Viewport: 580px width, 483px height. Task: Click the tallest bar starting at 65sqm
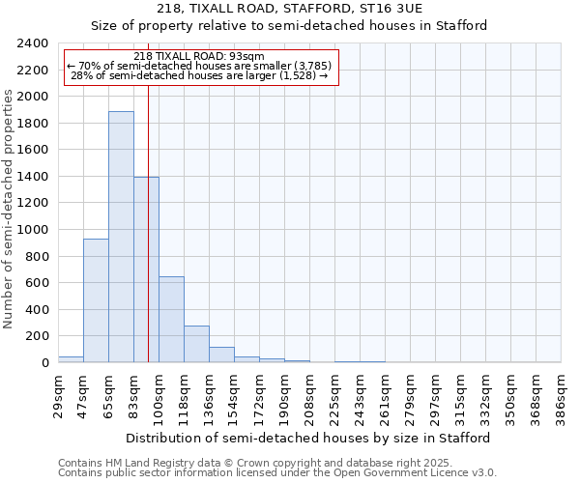point(121,237)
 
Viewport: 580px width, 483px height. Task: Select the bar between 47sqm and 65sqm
point(96,300)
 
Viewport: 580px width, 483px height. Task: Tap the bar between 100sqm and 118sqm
point(171,319)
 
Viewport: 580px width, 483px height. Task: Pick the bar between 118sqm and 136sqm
point(196,344)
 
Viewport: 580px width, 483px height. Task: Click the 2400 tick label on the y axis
point(33,43)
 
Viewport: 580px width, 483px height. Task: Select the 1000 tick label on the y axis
point(33,230)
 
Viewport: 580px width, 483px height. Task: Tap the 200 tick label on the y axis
point(37,336)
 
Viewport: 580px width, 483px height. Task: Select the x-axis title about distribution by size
point(308,438)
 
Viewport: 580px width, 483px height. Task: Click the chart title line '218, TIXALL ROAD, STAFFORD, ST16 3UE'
point(289,9)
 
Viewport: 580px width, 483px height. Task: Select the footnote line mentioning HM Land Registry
point(270,463)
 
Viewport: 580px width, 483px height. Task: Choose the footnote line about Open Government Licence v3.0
point(276,472)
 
